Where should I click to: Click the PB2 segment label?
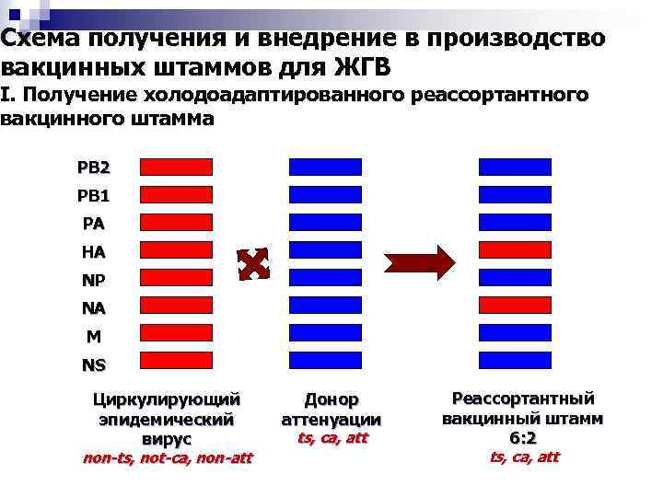coord(94,168)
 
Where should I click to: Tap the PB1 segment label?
coord(94,195)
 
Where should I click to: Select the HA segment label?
coord(94,251)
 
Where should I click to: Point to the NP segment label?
coord(94,279)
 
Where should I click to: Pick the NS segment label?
coord(94,364)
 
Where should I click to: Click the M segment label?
coord(94,336)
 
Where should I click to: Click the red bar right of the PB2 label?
coord(176,167)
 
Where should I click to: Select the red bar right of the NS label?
coord(176,360)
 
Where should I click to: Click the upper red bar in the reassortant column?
coord(515,249)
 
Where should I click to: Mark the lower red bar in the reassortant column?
coord(515,305)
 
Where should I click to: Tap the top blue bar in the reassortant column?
coord(515,167)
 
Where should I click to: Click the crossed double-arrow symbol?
coord(253,264)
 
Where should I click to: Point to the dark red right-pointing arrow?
coord(420,263)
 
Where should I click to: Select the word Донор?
coord(331,399)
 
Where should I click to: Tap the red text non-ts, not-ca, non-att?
coord(167,457)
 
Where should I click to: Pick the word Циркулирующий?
coord(167,399)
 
